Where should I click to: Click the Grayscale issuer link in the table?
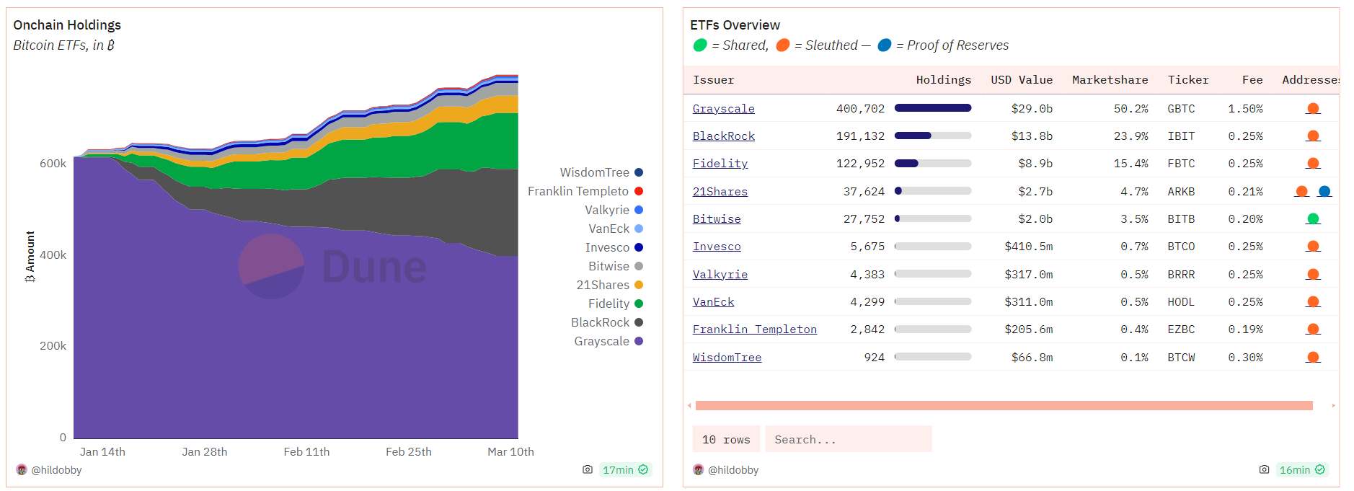click(723, 109)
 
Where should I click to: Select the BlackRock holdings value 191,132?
click(859, 136)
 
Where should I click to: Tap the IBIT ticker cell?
click(1181, 136)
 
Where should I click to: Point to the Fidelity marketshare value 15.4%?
click(1130, 164)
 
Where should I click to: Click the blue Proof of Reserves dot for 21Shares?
click(1324, 191)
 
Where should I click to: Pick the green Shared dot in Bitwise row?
click(1313, 219)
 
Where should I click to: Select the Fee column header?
click(1252, 80)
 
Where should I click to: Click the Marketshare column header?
click(1110, 80)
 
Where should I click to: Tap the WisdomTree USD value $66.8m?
click(1032, 358)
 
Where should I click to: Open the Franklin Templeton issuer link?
click(754, 329)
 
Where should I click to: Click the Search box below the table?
click(848, 439)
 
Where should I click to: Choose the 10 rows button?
click(726, 439)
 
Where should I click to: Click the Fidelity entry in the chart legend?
click(609, 304)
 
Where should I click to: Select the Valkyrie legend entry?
click(607, 210)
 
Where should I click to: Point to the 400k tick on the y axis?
click(53, 255)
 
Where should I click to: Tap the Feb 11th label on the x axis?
click(306, 452)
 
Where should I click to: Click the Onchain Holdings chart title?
click(67, 25)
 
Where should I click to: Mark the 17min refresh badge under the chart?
click(624, 470)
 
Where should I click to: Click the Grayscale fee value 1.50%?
click(1245, 109)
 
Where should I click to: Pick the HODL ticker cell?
click(1181, 302)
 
